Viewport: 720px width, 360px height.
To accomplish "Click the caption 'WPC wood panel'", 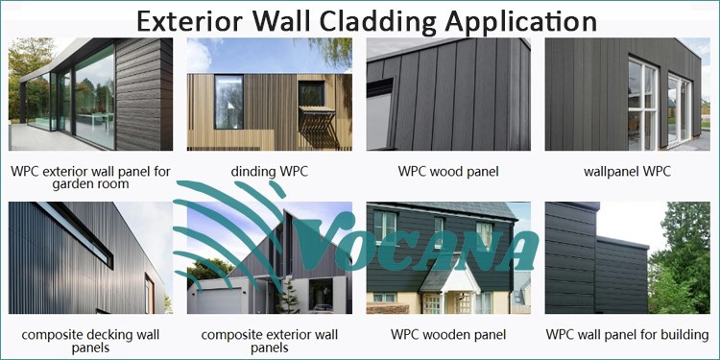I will point(448,172).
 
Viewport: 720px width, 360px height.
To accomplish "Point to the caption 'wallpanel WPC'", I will point(627,172).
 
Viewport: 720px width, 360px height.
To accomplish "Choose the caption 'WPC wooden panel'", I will point(448,335).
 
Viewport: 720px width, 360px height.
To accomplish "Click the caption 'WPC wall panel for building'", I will point(627,335).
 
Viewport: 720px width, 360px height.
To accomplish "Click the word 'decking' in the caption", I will point(117,335).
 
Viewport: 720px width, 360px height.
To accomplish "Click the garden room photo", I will point(90,94).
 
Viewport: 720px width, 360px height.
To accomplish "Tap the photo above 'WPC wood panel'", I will point(448,94).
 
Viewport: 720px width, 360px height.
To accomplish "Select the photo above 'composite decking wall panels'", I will point(90,258).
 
